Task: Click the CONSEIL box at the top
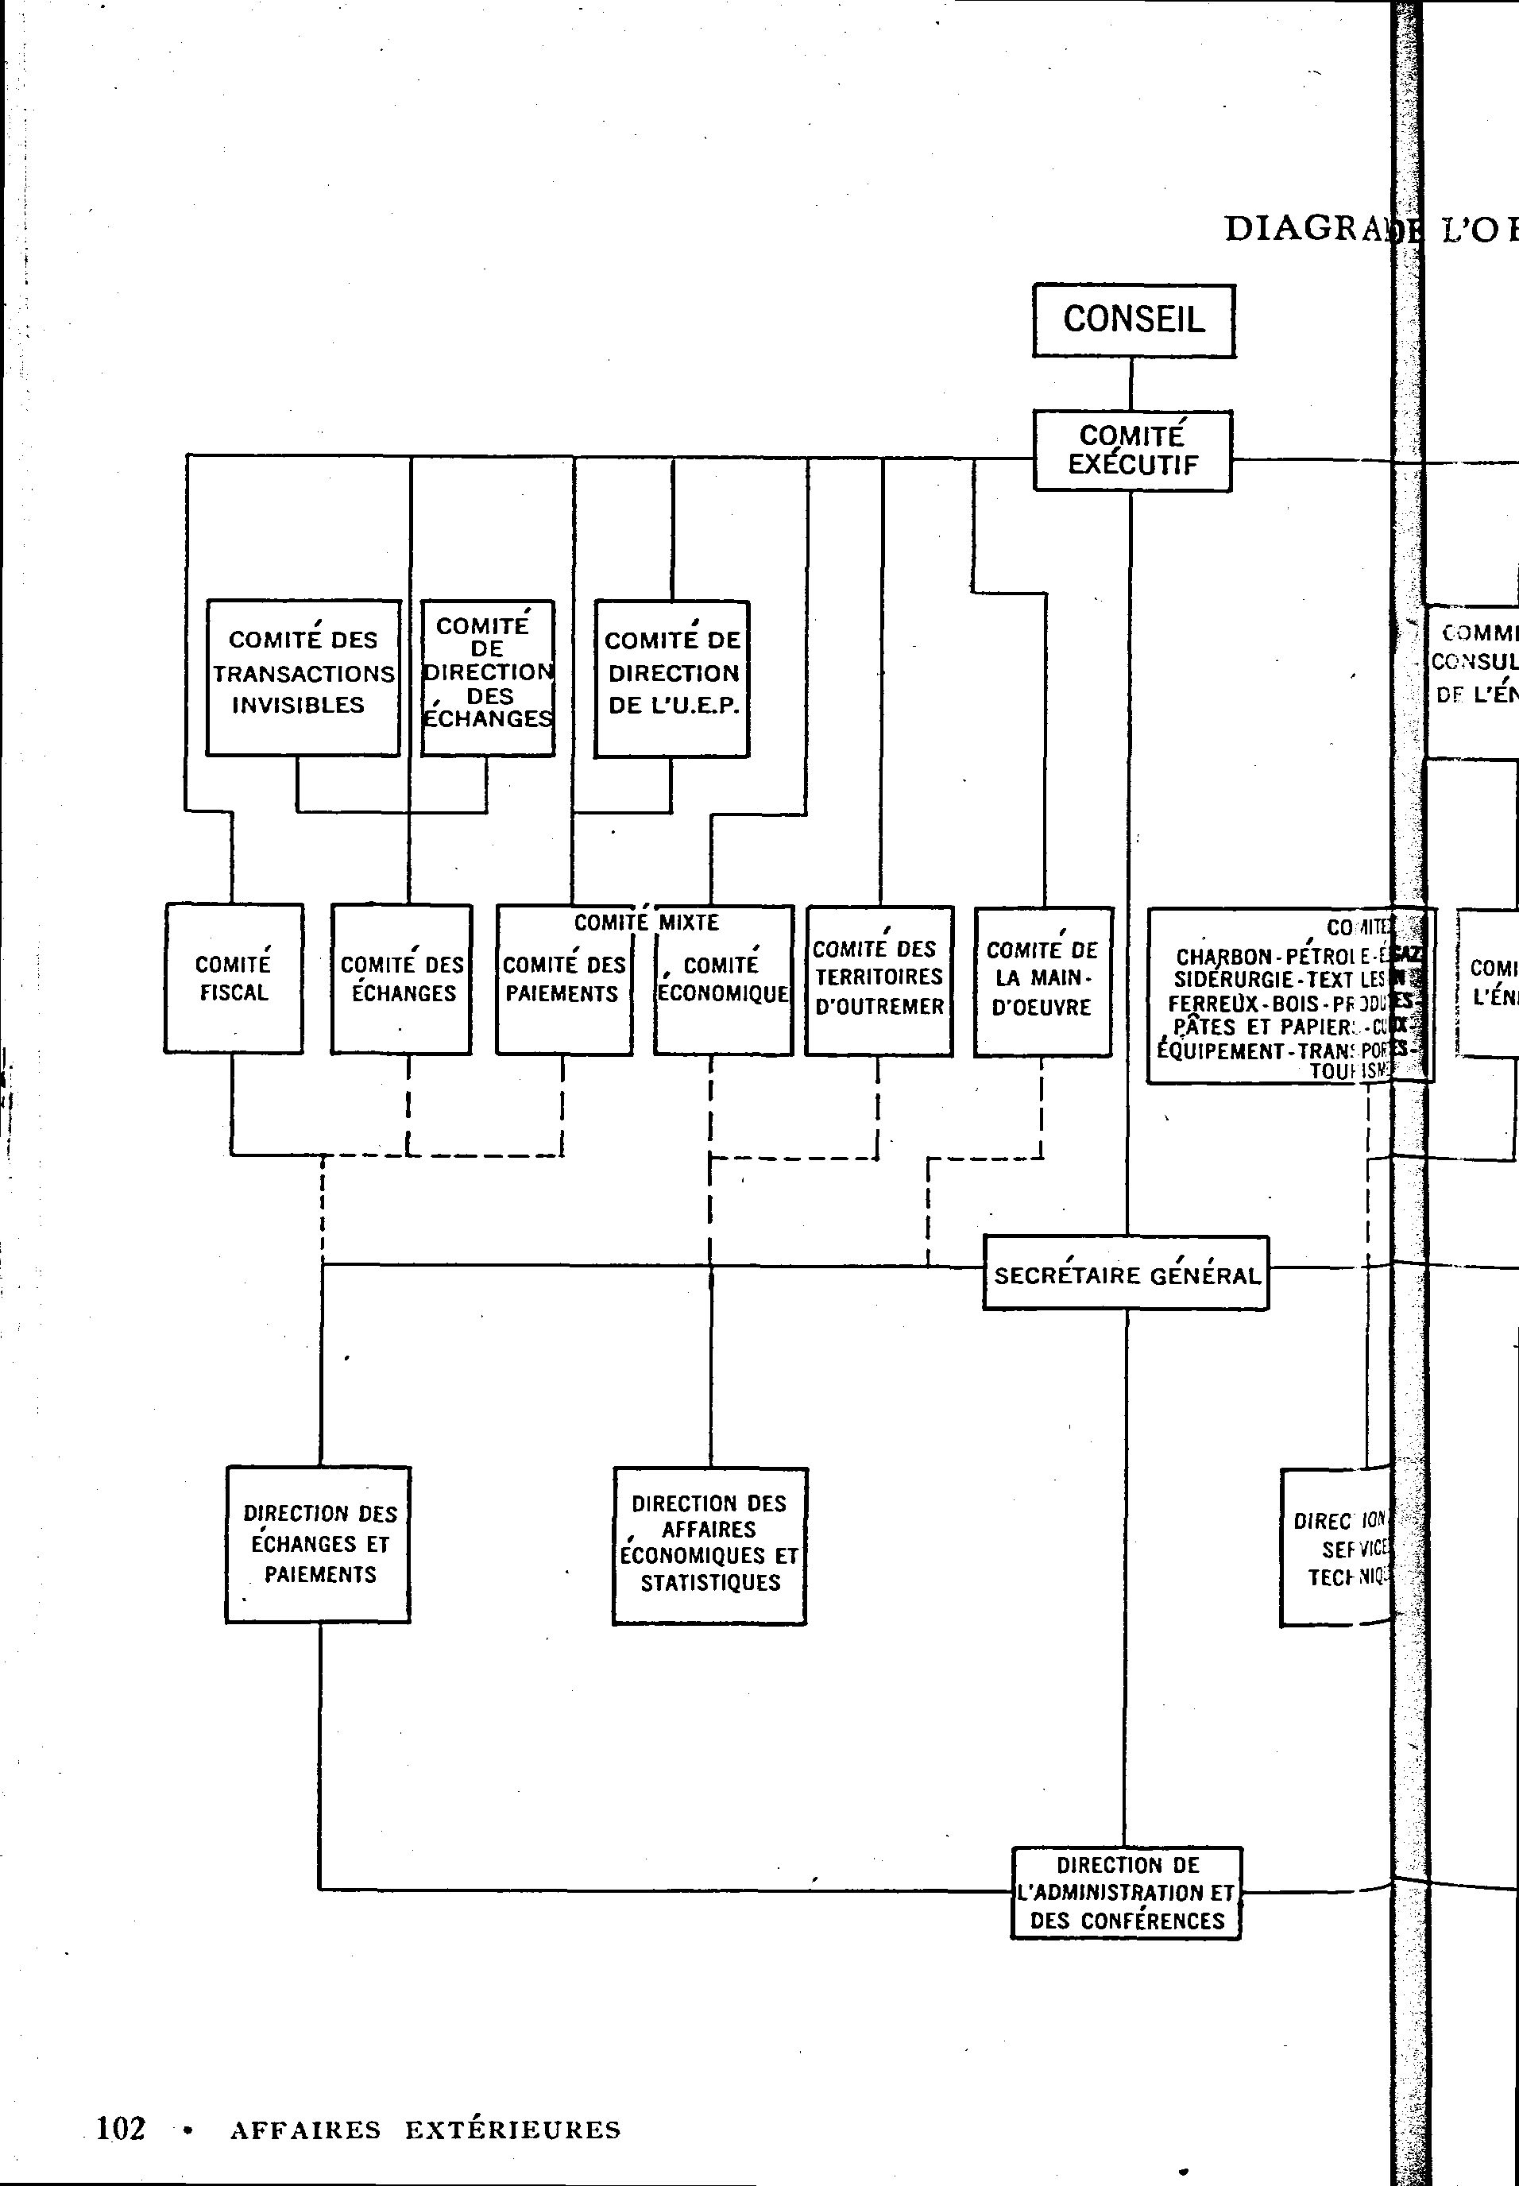tap(1134, 319)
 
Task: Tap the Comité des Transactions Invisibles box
tap(303, 677)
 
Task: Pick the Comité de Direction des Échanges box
tap(487, 677)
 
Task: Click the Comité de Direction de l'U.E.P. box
tap(672, 678)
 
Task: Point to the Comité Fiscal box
tap(234, 978)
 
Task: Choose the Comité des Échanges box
tap(402, 978)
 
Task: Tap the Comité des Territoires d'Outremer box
tap(879, 979)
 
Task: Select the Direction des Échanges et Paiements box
tap(319, 1544)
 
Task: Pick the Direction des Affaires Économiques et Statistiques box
tap(709, 1545)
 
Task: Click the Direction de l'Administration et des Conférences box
tap(1126, 1893)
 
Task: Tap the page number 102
tap(121, 2127)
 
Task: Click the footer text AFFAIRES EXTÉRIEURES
tap(424, 2129)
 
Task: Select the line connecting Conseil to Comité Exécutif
tap(1131, 384)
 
